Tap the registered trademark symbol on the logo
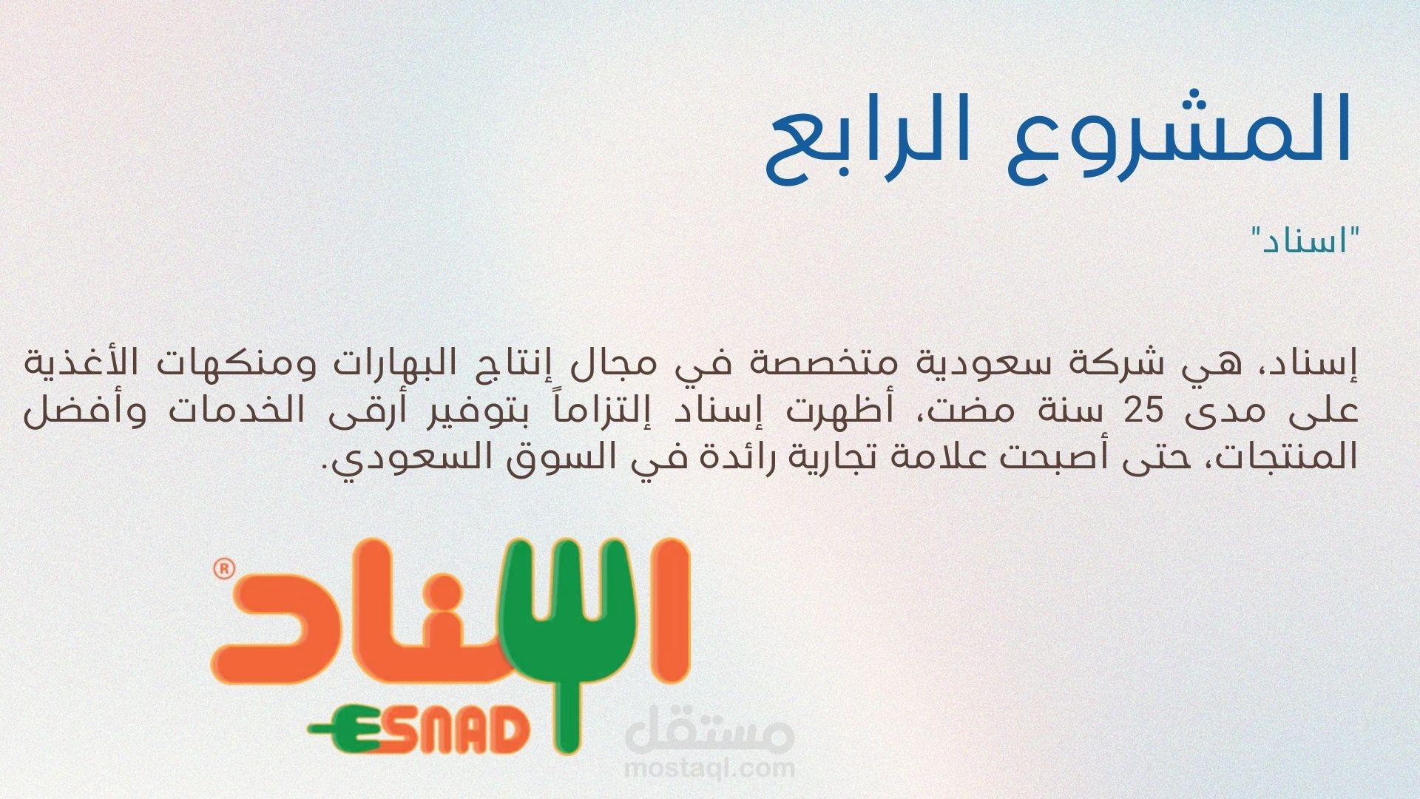(223, 569)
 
